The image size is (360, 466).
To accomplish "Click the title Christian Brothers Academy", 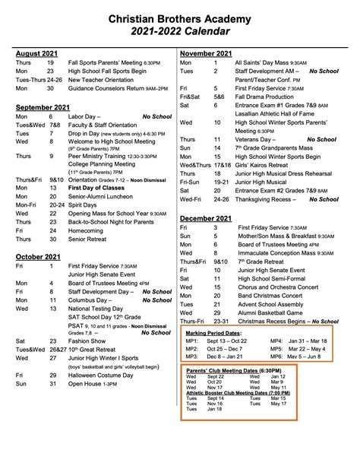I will (179, 14).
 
